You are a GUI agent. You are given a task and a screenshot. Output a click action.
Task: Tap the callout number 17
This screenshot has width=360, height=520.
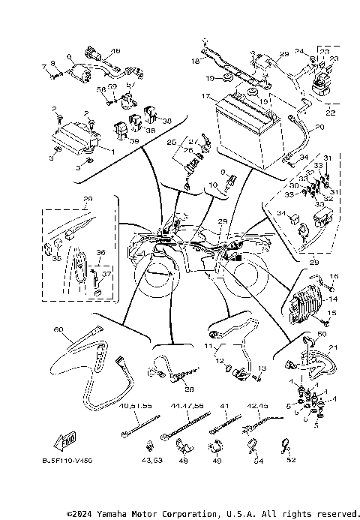204,97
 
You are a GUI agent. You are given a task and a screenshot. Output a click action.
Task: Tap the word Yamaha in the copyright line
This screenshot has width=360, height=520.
111,514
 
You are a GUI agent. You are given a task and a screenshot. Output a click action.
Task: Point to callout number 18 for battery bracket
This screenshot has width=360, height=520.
195,58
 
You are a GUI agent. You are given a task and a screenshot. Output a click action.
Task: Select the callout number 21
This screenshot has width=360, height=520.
333,347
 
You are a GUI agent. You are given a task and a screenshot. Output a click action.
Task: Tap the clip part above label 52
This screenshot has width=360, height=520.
285,444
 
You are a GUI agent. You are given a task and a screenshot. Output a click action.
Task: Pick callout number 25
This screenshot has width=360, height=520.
170,141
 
